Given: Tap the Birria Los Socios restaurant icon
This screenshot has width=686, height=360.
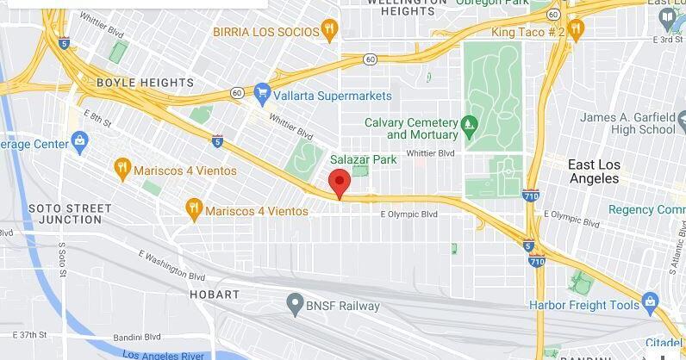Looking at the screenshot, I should pyautogui.click(x=329, y=32).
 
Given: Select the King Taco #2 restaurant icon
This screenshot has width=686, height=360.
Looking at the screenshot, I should pyautogui.click(x=576, y=32).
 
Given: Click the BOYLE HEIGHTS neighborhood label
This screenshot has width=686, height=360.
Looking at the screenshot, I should pyautogui.click(x=145, y=83).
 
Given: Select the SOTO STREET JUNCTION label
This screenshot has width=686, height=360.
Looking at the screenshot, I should pyautogui.click(x=71, y=214).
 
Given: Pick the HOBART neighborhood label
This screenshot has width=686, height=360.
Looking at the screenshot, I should pyautogui.click(x=215, y=295).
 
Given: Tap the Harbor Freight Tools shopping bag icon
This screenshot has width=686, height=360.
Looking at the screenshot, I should pyautogui.click(x=650, y=303).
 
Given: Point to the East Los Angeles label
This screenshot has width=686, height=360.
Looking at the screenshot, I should pyautogui.click(x=593, y=171).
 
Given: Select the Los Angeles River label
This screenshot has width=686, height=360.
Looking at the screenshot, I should pyautogui.click(x=163, y=354).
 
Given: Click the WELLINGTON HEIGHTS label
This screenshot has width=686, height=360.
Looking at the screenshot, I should pyautogui.click(x=402, y=7).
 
